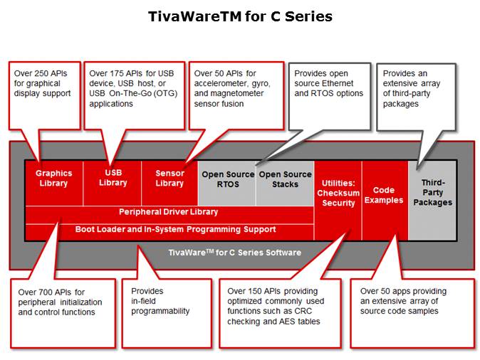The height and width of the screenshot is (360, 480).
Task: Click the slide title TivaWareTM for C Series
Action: [240, 16]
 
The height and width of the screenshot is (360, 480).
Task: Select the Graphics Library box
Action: [53, 179]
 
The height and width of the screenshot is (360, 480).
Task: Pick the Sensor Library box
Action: [169, 179]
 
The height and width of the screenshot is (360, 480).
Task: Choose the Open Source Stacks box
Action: [285, 179]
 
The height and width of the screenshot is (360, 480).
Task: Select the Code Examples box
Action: [385, 195]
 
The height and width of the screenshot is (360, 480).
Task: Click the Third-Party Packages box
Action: [432, 193]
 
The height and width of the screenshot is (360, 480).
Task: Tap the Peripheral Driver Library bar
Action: [169, 212]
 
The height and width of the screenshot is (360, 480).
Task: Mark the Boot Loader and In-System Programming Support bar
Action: [169, 230]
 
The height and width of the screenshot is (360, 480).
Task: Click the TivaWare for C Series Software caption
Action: [234, 253]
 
